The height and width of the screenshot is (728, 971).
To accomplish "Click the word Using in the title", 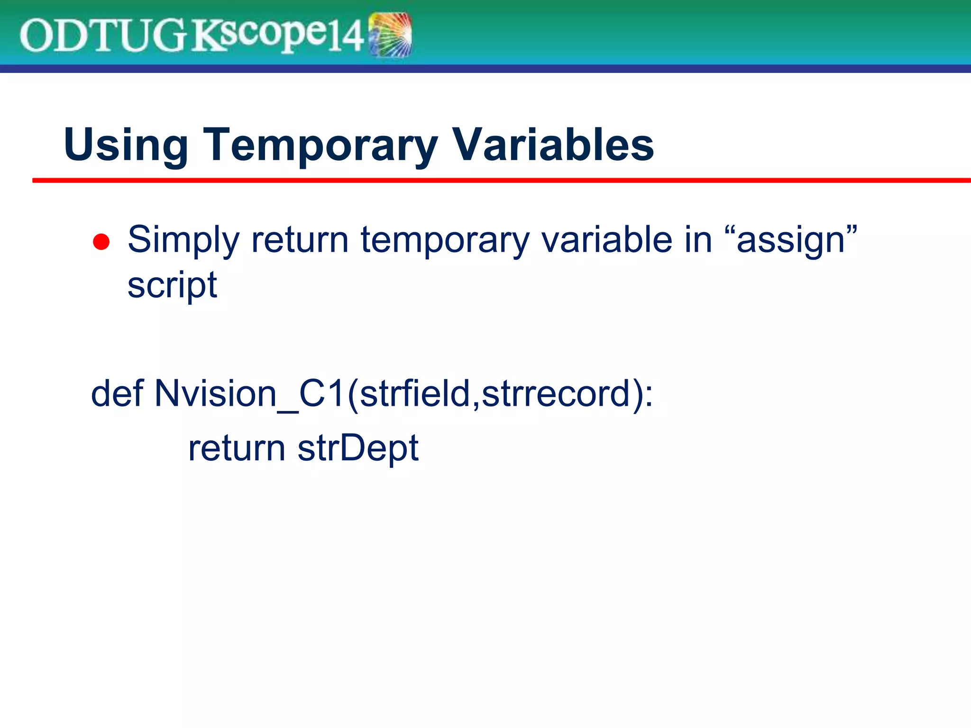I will (126, 145).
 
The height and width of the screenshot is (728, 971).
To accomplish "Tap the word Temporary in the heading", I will (321, 145).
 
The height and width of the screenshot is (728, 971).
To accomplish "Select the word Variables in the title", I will (553, 145).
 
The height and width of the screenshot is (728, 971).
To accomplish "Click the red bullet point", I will (101, 242).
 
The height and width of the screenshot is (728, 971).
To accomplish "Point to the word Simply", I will (183, 240).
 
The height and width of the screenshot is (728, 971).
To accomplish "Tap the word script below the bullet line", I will (172, 285).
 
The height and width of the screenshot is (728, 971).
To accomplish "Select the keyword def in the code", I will (117, 393).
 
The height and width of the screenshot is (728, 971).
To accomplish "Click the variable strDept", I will (358, 448).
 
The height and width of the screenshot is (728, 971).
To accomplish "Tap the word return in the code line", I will (237, 448).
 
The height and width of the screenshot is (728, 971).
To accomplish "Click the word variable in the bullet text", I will (607, 240).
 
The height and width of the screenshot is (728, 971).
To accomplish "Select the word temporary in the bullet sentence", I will (445, 240).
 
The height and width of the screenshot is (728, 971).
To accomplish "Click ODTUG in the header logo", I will (102, 35).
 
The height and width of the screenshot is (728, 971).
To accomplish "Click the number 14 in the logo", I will (347, 36).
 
